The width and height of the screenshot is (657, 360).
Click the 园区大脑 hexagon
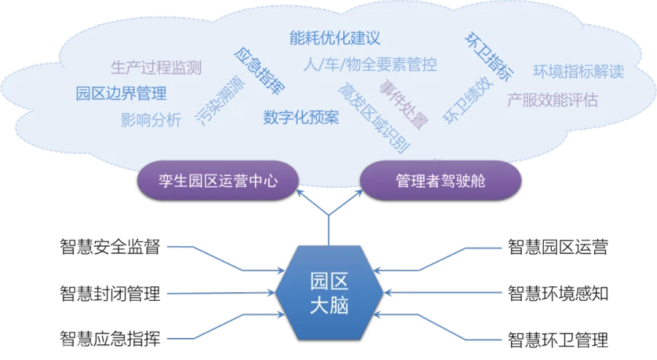(x=329, y=293)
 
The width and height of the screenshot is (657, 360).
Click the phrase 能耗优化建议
(x=335, y=37)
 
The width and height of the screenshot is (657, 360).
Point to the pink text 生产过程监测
(x=156, y=68)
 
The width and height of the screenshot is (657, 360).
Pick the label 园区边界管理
(x=121, y=93)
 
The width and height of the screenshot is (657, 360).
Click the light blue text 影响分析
(x=150, y=120)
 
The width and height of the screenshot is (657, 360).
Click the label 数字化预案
(x=301, y=117)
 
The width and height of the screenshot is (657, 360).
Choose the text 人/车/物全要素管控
(x=370, y=64)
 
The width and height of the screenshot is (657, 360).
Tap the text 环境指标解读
(x=578, y=72)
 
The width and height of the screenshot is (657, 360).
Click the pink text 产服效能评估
(x=552, y=100)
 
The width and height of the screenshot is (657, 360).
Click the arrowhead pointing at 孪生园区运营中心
(x=301, y=194)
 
